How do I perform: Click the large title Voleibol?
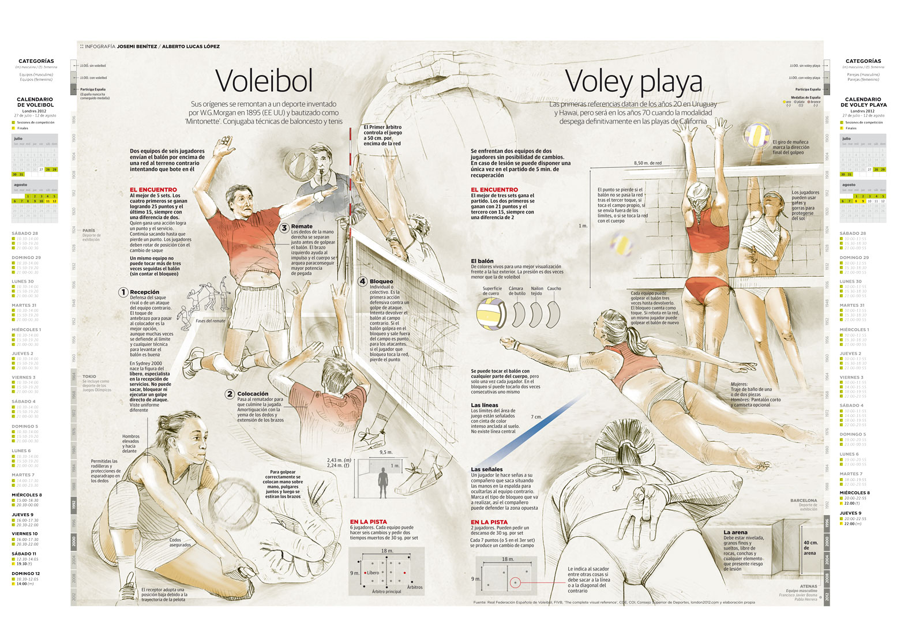pos(264,81)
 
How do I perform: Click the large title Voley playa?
pos(633,81)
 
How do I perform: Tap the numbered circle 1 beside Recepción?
pos(123,292)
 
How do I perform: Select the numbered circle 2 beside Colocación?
pos(230,394)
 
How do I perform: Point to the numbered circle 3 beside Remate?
pos(284,227)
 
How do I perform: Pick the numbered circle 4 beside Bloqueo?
pos(362,281)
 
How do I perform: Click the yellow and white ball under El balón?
pos(491,314)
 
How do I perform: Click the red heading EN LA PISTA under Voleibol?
pos(369,522)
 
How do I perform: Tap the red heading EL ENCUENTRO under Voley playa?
pos(494,190)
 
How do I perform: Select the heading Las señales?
pos(486,469)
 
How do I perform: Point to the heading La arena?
pos(735,532)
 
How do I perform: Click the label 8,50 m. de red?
pos(648,163)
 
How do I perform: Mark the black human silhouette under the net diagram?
pos(382,483)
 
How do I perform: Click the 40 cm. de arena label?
pos(810,548)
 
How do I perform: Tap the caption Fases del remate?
pos(211,321)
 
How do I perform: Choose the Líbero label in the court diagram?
pos(373,573)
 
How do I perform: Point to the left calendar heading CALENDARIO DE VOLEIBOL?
pos(35,102)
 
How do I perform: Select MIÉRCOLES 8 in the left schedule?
pos(27,495)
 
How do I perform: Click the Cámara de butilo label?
pos(516,291)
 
